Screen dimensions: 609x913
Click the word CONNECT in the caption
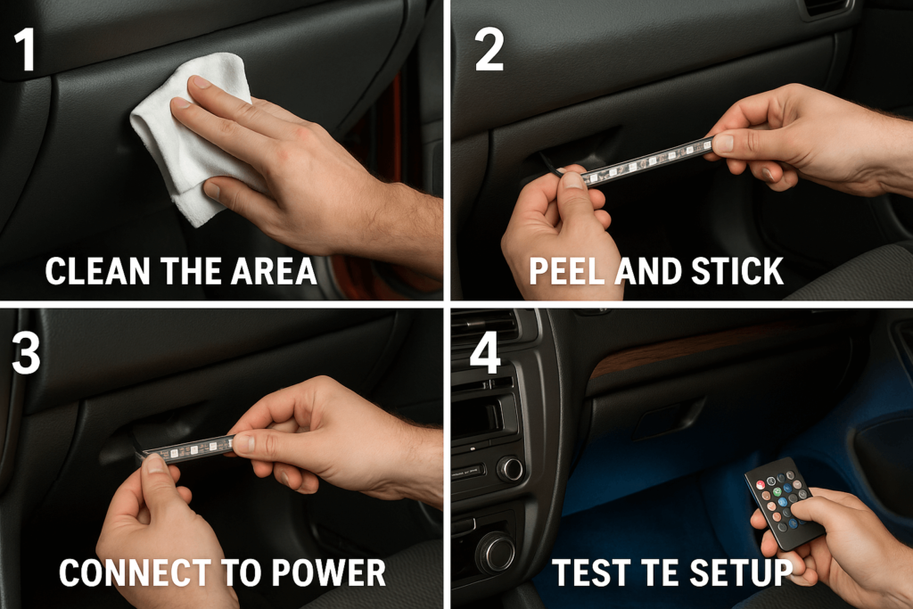click(124, 572)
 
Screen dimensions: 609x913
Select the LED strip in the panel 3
click(192, 448)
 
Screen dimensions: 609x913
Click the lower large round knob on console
click(496, 552)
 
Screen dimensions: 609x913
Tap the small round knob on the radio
click(511, 469)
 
